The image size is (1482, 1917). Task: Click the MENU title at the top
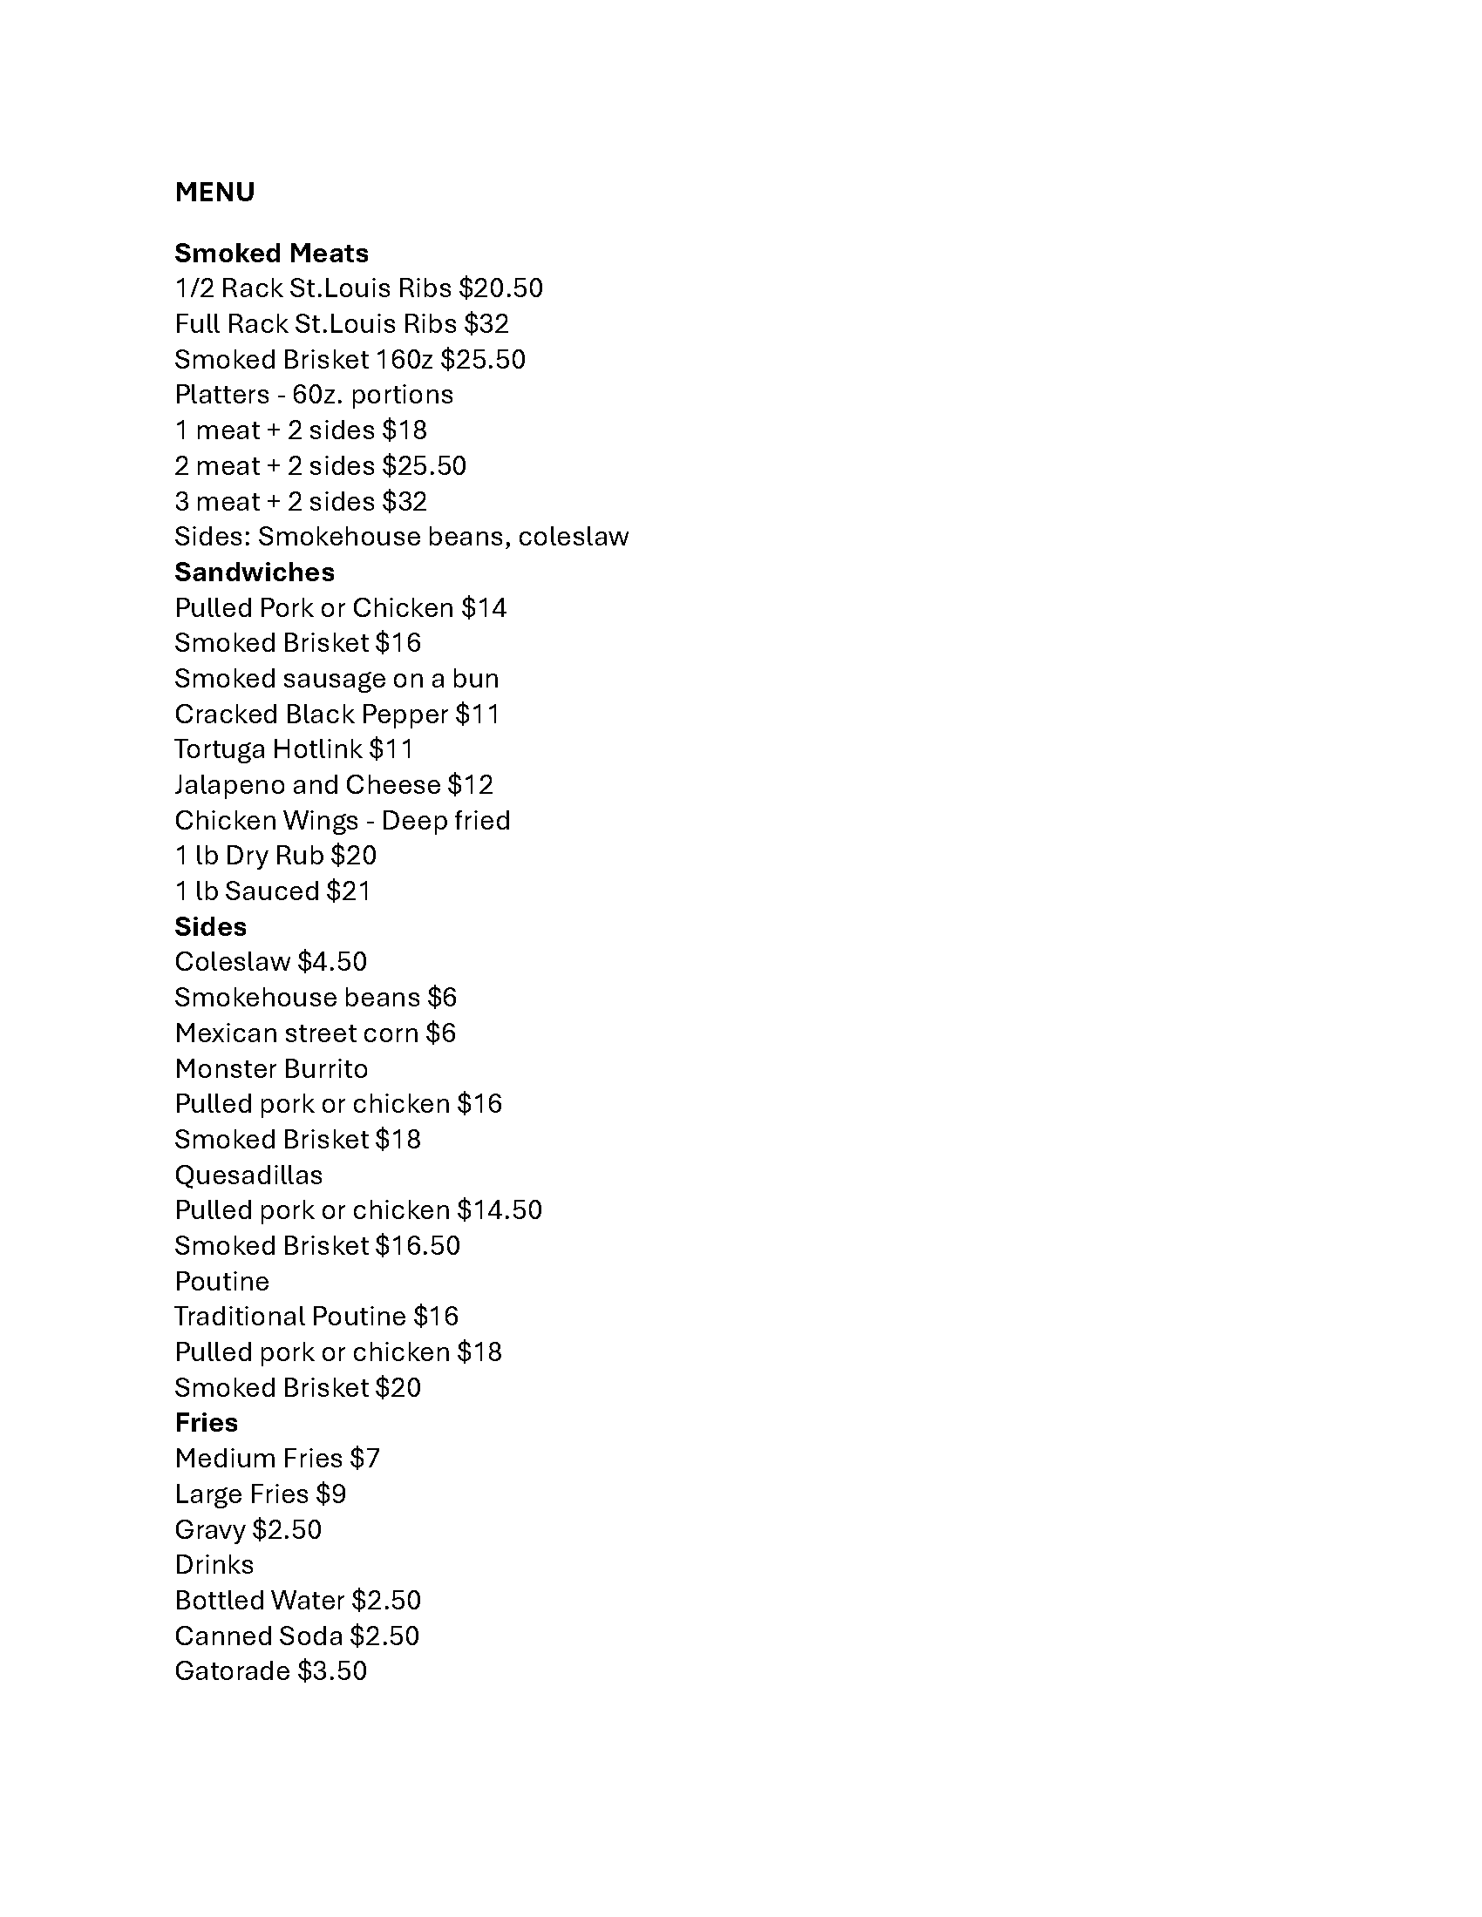click(x=214, y=193)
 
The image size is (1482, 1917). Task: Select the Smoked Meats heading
click(x=271, y=254)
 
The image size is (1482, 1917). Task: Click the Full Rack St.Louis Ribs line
click(x=342, y=324)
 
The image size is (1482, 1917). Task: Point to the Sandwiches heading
click(x=255, y=572)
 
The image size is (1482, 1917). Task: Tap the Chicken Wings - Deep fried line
click(x=343, y=820)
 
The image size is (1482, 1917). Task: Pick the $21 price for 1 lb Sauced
click(x=349, y=891)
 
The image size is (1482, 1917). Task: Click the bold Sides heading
click(x=211, y=927)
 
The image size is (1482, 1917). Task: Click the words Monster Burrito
click(x=271, y=1069)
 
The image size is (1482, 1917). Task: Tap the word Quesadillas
click(x=248, y=1175)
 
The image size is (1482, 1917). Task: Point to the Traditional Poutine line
click(x=316, y=1317)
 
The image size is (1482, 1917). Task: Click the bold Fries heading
click(x=207, y=1423)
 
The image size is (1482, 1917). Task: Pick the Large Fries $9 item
click(x=260, y=1494)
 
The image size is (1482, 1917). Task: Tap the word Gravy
click(x=210, y=1530)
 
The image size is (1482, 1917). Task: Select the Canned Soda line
click(x=296, y=1636)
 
